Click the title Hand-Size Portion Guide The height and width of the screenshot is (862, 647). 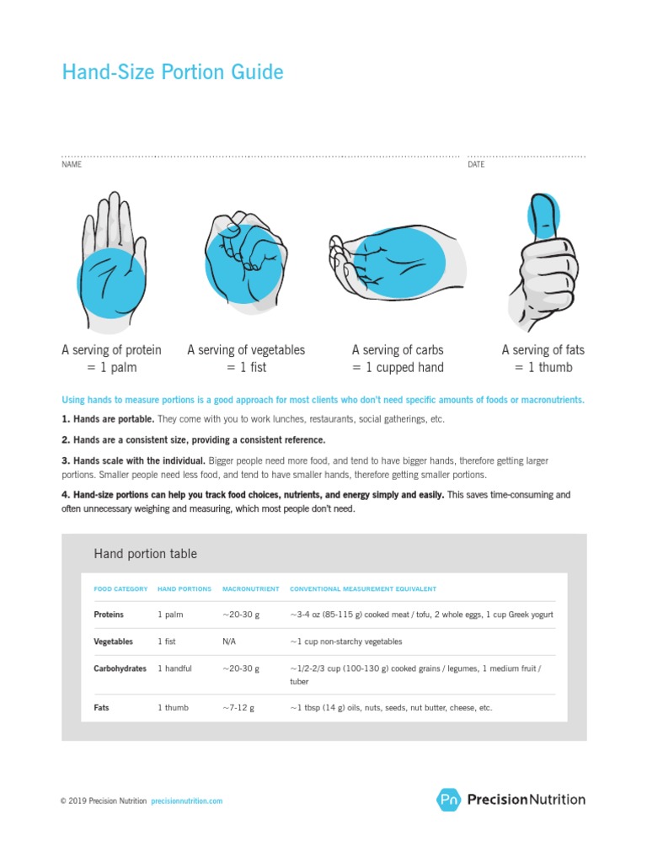[x=173, y=72]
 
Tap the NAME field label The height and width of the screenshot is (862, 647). [x=72, y=165]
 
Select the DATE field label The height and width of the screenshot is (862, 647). [x=476, y=165]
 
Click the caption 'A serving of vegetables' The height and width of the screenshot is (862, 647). [x=246, y=349]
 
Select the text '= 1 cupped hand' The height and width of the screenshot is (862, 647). [x=398, y=367]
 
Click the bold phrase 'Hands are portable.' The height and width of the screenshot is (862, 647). [x=113, y=418]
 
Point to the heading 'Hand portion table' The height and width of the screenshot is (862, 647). [x=145, y=554]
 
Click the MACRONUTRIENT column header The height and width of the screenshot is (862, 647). [x=247, y=589]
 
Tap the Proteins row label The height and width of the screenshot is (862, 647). [x=109, y=615]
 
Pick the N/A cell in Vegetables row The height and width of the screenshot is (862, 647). [x=229, y=641]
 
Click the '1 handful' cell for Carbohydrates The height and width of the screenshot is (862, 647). [x=174, y=668]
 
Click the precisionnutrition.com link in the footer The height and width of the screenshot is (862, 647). [x=186, y=801]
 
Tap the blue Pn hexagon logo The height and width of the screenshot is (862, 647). [x=448, y=800]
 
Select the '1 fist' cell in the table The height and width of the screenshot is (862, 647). [x=167, y=641]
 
